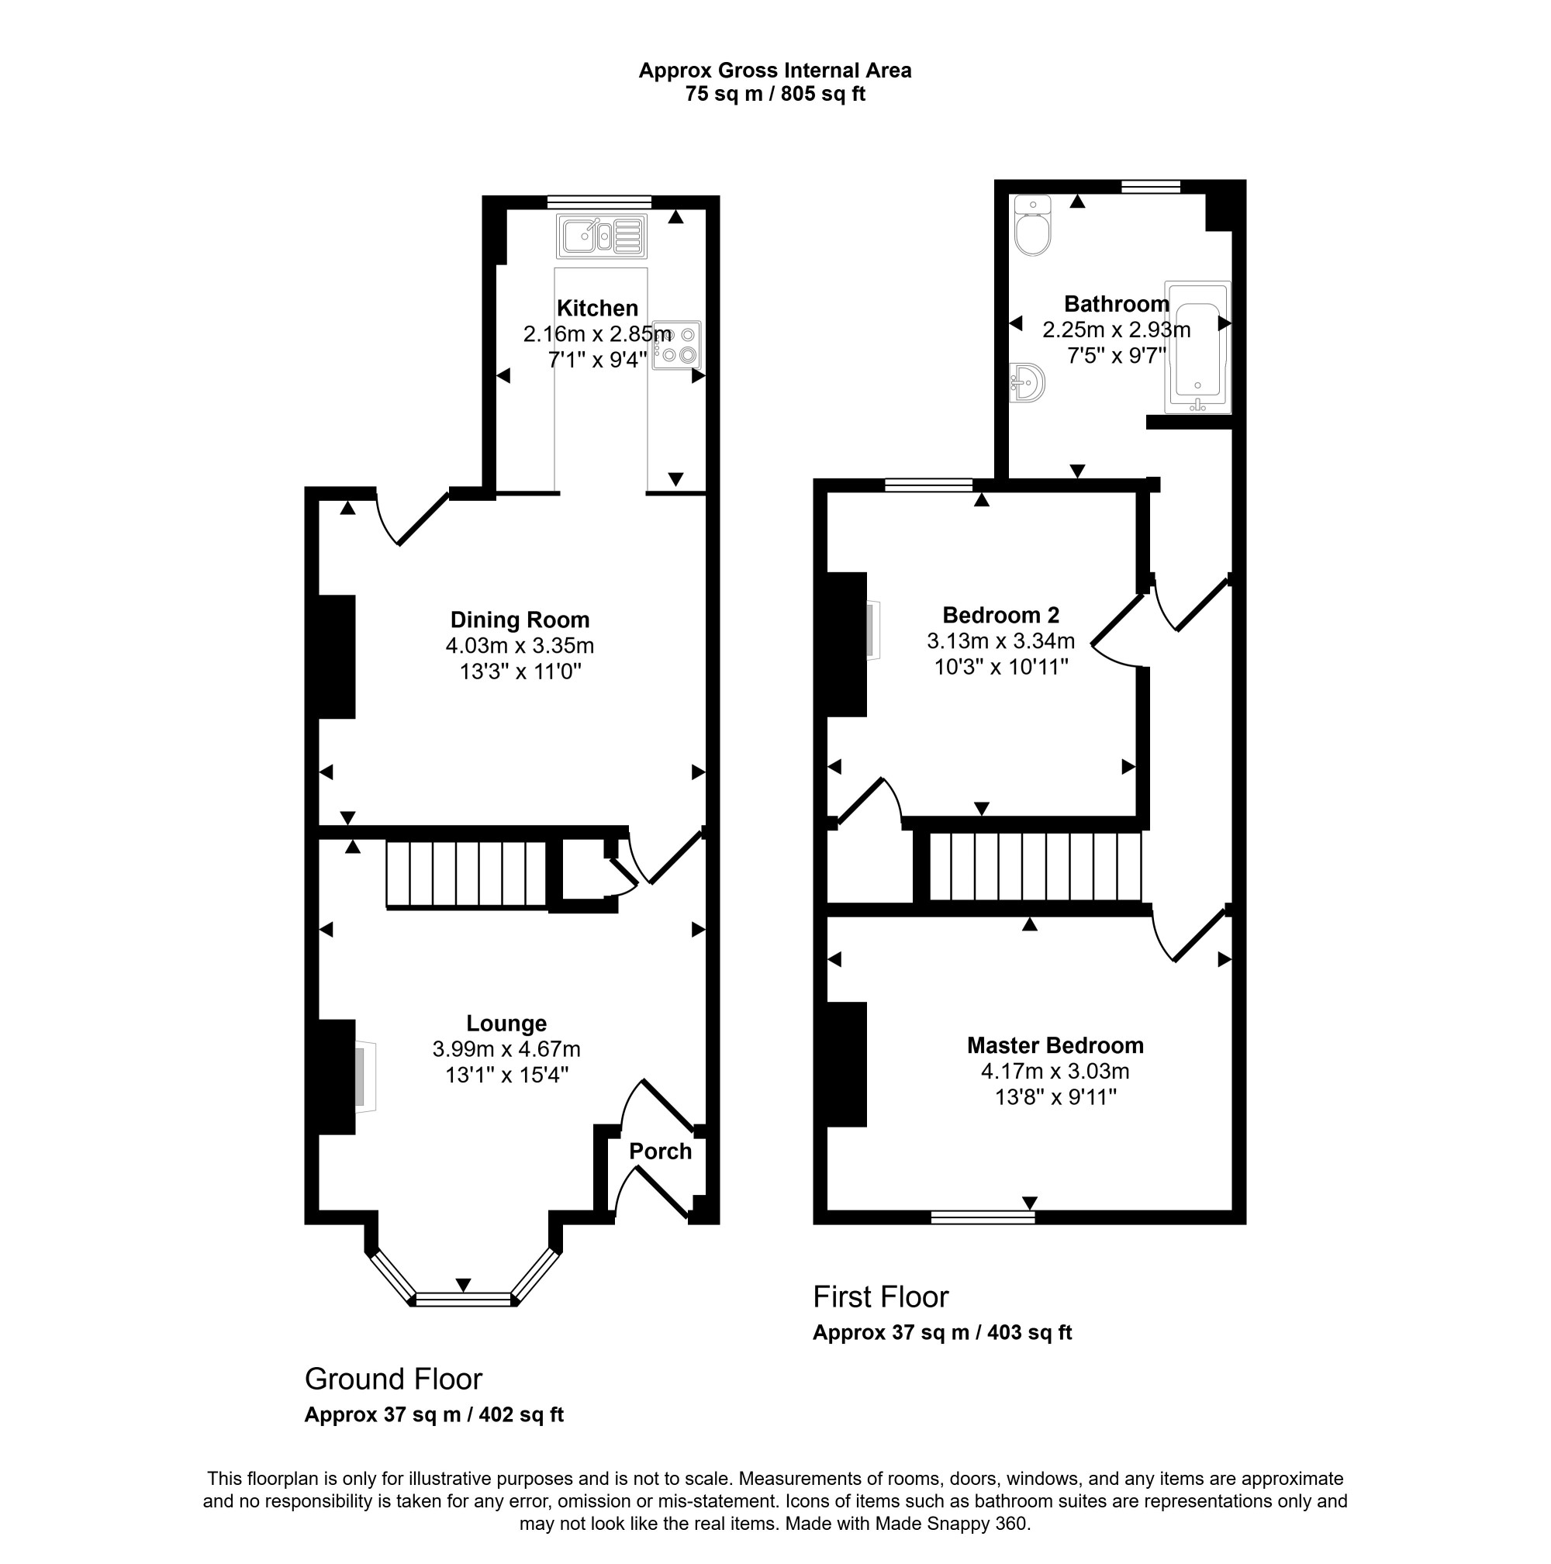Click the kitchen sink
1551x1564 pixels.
coord(602,236)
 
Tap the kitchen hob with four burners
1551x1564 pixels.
coord(676,345)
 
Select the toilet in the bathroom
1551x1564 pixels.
coord(1032,226)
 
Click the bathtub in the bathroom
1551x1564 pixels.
coord(1197,347)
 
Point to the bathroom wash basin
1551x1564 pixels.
coord(1028,382)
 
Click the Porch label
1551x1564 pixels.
coord(661,1151)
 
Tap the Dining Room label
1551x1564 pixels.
coord(520,620)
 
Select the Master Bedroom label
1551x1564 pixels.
coord(1055,1045)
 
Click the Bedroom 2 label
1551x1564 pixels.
coord(1000,615)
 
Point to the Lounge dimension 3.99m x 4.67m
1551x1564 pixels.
coord(506,1049)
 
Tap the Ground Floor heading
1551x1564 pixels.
coord(393,1379)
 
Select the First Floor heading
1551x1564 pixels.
coord(881,1296)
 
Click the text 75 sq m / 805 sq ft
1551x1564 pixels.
coord(775,94)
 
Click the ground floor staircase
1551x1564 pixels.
coord(466,875)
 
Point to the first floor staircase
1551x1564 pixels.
coord(1035,866)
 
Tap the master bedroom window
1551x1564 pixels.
coord(983,1217)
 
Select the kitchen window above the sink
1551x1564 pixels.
coord(599,202)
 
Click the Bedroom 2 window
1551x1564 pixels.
coord(928,485)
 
